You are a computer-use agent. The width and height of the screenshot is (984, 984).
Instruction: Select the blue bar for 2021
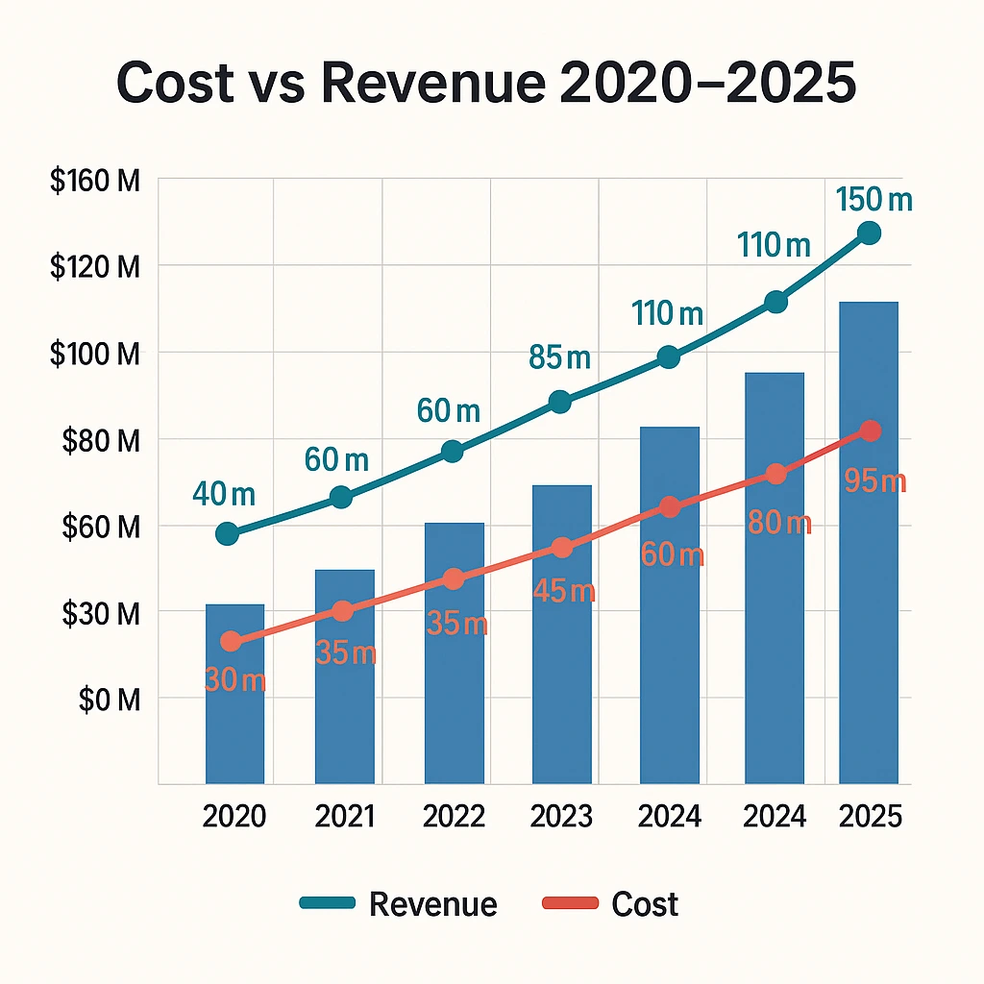pyautogui.click(x=345, y=676)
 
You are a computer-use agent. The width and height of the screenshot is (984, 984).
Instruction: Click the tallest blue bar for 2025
pyautogui.click(x=869, y=542)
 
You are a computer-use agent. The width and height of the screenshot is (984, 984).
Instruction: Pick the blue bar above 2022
pyautogui.click(x=454, y=652)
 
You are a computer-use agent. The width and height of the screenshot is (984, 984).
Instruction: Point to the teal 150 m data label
pyautogui.click(x=873, y=201)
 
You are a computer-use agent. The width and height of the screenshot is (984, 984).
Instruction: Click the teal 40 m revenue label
pyautogui.click(x=224, y=495)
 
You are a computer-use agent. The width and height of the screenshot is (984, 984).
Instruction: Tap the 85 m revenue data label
pyautogui.click(x=559, y=358)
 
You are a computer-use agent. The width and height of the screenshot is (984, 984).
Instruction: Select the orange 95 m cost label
pyautogui.click(x=874, y=481)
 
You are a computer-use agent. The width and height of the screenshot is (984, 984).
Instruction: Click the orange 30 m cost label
pyautogui.click(x=234, y=680)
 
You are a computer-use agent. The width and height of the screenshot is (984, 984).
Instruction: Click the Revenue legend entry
pyautogui.click(x=399, y=904)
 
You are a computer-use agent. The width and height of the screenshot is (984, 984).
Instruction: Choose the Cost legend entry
pyautogui.click(x=611, y=904)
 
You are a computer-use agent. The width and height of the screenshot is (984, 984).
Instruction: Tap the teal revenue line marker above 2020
pyautogui.click(x=228, y=534)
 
